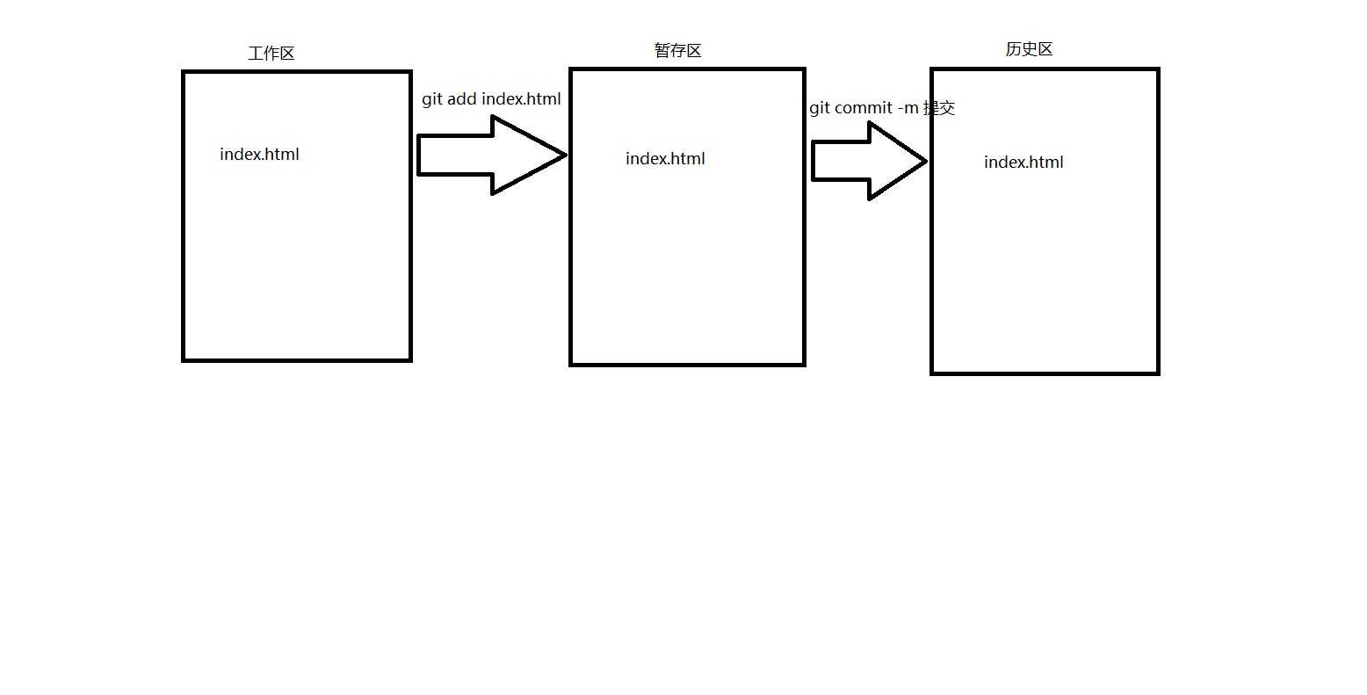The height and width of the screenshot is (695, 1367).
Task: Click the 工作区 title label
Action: [x=271, y=54]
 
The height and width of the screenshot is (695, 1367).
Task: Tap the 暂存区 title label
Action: [x=677, y=51]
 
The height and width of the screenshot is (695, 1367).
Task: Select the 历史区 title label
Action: [x=1029, y=49]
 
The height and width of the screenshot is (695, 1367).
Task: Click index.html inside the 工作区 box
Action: [x=259, y=155]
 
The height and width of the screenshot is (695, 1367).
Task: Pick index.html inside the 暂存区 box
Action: [x=665, y=159]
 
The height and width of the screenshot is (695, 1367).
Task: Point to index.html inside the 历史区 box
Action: [x=1023, y=163]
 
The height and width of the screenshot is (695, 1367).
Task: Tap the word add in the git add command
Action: [x=462, y=99]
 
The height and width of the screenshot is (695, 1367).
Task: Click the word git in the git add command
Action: [x=432, y=99]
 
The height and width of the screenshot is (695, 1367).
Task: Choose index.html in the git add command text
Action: [x=521, y=99]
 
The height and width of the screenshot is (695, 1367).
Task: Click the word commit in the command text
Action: [x=864, y=108]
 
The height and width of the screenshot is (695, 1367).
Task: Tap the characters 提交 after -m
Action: [x=939, y=108]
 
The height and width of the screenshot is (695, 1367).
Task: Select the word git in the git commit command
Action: [x=820, y=108]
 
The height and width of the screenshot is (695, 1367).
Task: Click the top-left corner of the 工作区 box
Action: [x=184, y=72]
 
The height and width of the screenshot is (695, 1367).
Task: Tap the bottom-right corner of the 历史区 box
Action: [x=1158, y=373]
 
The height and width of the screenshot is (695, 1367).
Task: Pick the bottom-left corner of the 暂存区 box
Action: [x=571, y=364]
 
